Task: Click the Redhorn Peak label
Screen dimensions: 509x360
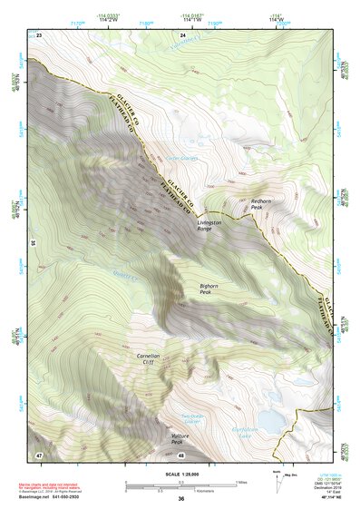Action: [x=261, y=204]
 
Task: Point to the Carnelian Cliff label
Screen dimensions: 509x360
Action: [x=149, y=359]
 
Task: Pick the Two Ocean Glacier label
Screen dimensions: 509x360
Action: [x=191, y=418]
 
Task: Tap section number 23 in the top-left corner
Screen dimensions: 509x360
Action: [x=40, y=34]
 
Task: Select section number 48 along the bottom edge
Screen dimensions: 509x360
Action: [x=181, y=455]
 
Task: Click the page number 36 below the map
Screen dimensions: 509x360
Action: [x=181, y=499]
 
